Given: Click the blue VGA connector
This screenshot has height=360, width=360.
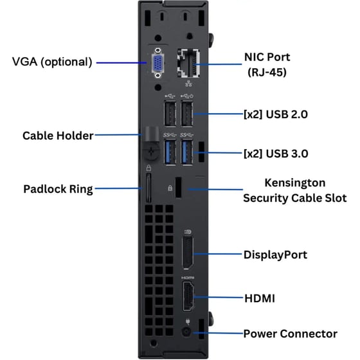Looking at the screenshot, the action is point(157,63).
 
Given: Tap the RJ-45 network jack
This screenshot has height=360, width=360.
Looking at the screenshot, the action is point(188,63).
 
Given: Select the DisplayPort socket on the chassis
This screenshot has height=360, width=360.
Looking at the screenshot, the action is point(188,253).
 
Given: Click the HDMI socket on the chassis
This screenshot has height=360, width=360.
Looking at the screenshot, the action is point(188,296).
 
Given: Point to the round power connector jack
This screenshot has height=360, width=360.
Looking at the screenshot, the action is point(186,332).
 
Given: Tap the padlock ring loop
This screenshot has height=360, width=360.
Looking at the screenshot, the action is point(148,188).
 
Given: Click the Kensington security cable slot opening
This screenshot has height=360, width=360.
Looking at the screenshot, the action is point(179,187).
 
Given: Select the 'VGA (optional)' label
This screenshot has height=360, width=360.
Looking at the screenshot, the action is point(52,62).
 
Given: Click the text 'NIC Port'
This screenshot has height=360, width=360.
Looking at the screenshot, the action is point(267,57).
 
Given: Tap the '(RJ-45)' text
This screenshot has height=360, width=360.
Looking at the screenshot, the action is point(267,72).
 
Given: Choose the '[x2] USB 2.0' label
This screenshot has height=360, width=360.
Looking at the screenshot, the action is point(276,114).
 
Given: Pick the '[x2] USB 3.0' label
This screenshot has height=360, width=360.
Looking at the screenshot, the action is point(276,154).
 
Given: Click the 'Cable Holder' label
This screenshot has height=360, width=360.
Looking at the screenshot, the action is point(58,136).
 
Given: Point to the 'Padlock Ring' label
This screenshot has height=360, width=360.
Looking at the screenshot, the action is point(58,189).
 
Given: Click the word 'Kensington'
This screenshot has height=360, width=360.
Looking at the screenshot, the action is point(295,183).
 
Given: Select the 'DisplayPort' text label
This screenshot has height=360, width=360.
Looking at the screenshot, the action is point(275,255).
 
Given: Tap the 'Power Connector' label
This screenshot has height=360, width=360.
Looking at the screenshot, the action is point(291,334).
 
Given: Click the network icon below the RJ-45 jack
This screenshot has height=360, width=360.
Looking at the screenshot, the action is point(188,84).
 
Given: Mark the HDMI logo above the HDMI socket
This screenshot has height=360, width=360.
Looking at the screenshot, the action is point(188,278).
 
